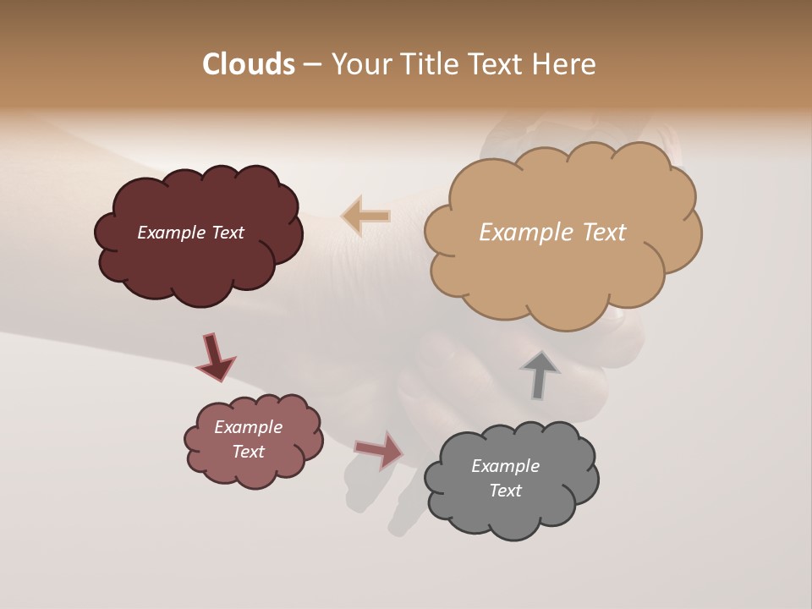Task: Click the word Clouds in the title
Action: click(248, 64)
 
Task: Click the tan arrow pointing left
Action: click(366, 217)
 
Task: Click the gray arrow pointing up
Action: click(539, 374)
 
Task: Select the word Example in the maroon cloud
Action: click(172, 233)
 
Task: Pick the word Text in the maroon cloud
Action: click(227, 233)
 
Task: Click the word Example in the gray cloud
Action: click(505, 466)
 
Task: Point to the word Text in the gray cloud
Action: click(505, 491)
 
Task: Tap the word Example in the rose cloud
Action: click(248, 427)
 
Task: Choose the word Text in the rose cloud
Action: click(248, 452)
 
